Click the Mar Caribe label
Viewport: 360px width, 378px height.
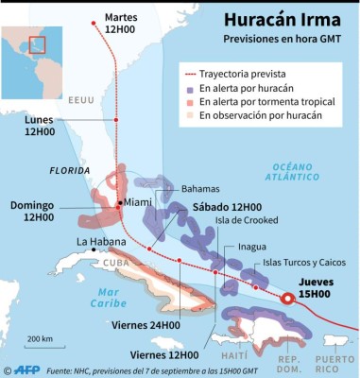[x=107, y=297]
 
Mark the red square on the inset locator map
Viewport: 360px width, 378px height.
[x=36, y=44]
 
